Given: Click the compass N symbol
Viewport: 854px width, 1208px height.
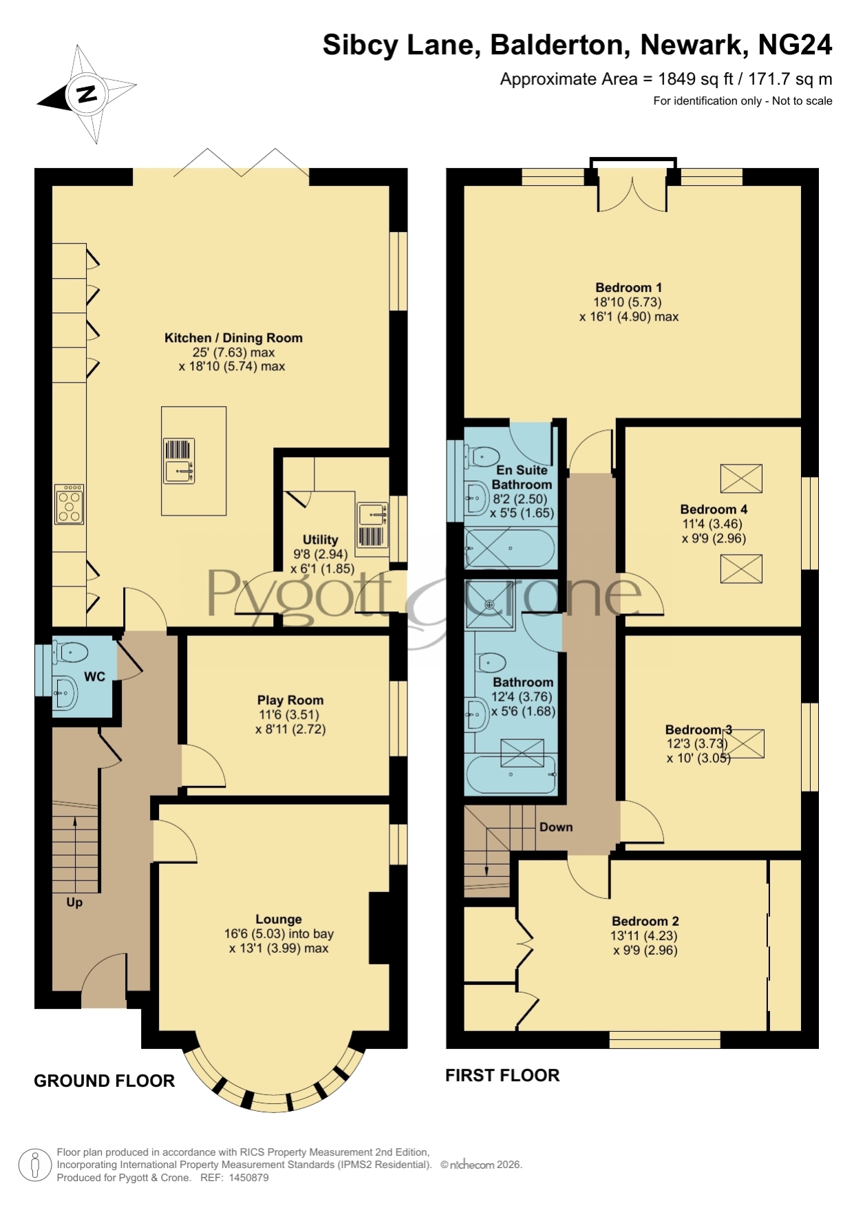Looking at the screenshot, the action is (x=87, y=94).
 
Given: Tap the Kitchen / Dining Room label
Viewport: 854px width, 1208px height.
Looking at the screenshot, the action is (x=233, y=338).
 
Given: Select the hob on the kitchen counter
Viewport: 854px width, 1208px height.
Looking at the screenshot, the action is (x=70, y=505).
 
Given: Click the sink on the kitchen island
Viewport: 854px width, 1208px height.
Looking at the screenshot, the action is (x=179, y=461).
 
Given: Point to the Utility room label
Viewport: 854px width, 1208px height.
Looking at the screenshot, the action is (x=321, y=540).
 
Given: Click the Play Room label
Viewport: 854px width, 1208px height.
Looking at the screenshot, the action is (x=290, y=700).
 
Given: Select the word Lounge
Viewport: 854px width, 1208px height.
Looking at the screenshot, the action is (x=279, y=919).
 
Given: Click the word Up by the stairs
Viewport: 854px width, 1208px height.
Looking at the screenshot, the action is (x=74, y=902).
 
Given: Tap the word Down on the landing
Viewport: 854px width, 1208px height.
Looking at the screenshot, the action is (x=556, y=827).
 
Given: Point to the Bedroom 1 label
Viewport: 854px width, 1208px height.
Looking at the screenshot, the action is (x=629, y=288).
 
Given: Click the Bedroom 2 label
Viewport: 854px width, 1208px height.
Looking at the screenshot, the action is (x=645, y=921).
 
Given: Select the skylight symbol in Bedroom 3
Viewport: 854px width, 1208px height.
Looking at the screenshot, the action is (x=743, y=743).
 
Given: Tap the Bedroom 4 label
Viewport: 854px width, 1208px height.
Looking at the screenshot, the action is (x=714, y=509).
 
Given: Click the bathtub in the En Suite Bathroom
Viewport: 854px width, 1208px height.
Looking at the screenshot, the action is (x=511, y=549).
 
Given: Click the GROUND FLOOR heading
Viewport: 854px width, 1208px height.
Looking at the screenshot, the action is (x=105, y=1081).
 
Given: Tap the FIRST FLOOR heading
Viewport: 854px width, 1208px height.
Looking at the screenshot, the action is (x=502, y=1075).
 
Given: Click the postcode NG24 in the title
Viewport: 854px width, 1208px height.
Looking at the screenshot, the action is (x=795, y=45).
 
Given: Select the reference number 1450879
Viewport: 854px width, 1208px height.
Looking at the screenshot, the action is (x=248, y=1178).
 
